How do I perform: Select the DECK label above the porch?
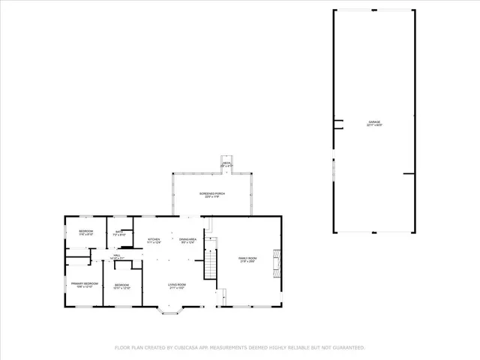pyautogui.click(x=226, y=163)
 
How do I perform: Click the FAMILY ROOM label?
pyautogui.click(x=247, y=259)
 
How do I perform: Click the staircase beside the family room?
pyautogui.click(x=211, y=264)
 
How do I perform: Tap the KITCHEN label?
pyautogui.click(x=154, y=241)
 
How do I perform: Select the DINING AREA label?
pyautogui.click(x=187, y=241)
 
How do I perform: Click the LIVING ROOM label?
pyautogui.click(x=176, y=286)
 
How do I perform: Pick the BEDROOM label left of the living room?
pyautogui.click(x=122, y=286)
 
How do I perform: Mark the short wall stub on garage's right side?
pyautogui.click(x=409, y=174)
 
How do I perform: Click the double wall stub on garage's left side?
pyautogui.click(x=338, y=123)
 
